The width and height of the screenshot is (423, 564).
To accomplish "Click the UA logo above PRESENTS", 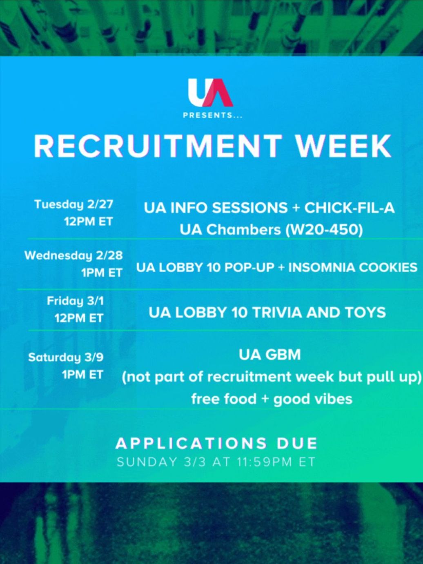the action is [x=210, y=93].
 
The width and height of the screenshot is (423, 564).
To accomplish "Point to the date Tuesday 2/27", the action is [x=74, y=204].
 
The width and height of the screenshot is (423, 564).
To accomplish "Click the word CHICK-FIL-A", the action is [x=349, y=208].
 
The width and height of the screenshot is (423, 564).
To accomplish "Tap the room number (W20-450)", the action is [x=324, y=230].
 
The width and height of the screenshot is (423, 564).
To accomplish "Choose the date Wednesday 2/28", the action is [x=74, y=255].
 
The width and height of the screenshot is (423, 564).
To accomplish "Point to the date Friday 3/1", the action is [x=75, y=301].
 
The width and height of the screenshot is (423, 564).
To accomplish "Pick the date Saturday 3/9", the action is [x=66, y=357].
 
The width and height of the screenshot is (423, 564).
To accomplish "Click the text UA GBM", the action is [x=269, y=355].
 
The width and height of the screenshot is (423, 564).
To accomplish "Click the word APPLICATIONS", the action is [x=191, y=444].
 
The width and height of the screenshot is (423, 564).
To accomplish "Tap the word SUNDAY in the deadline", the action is [x=147, y=462].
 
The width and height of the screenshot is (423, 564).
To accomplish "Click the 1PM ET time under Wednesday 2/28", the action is [x=102, y=273].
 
